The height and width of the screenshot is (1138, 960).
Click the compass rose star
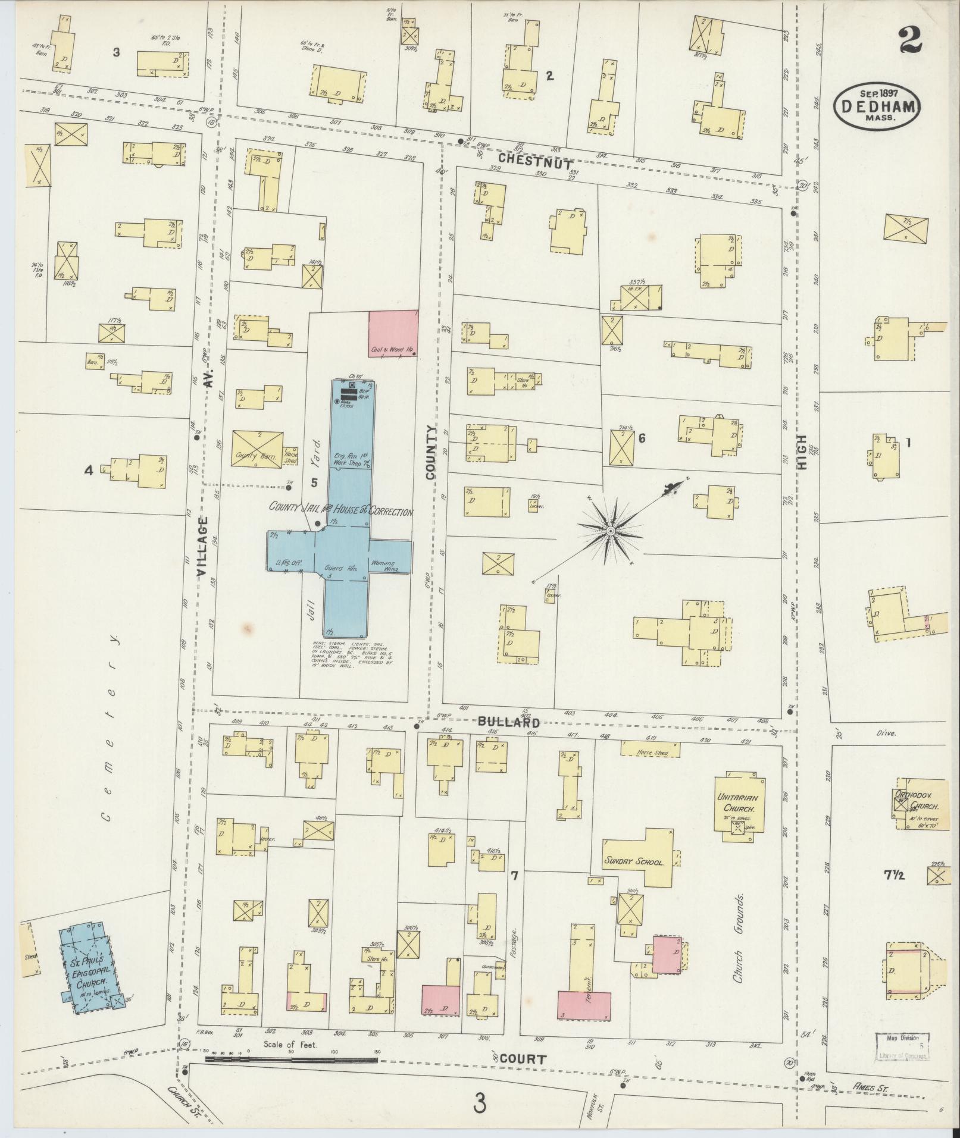pyautogui.click(x=611, y=529)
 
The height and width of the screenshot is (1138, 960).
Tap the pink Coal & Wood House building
pyautogui.click(x=393, y=333)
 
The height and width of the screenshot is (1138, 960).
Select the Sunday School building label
pyautogui.click(x=633, y=861)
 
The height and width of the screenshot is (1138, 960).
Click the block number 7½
pyautogui.click(x=893, y=874)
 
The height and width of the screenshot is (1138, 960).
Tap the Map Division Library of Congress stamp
pyautogui.click(x=902, y=1047)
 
